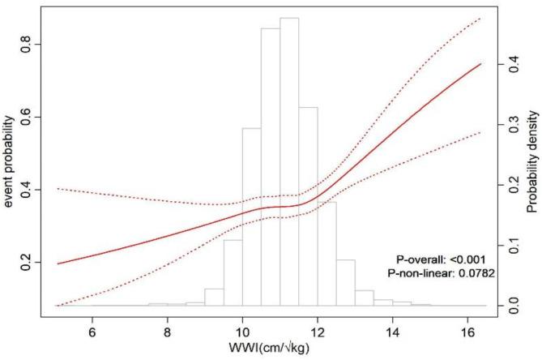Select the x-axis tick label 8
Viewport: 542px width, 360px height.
[167, 332]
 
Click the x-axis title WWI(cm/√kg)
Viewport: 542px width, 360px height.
[271, 351]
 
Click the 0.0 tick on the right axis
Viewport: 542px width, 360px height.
[511, 305]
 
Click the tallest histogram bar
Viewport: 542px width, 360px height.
[289, 162]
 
